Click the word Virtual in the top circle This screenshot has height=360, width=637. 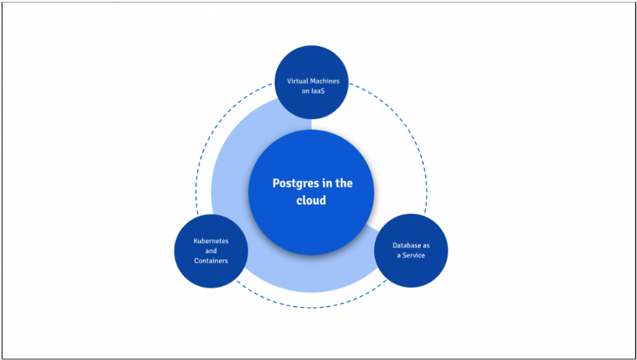pyautogui.click(x=298, y=81)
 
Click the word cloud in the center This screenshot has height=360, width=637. pyautogui.click(x=311, y=200)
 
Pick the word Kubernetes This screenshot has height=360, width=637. pyautogui.click(x=211, y=241)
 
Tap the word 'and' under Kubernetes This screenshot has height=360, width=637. pyautogui.click(x=211, y=251)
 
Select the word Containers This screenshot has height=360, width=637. pyautogui.click(x=211, y=261)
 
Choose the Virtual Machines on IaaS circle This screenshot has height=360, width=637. pyautogui.click(x=311, y=65)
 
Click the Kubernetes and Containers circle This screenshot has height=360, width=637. pyautogui.click(x=211, y=274)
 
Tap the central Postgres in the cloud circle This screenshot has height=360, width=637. pyautogui.click(x=311, y=218)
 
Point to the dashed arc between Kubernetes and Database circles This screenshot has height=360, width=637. pyautogui.click(x=311, y=307)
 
